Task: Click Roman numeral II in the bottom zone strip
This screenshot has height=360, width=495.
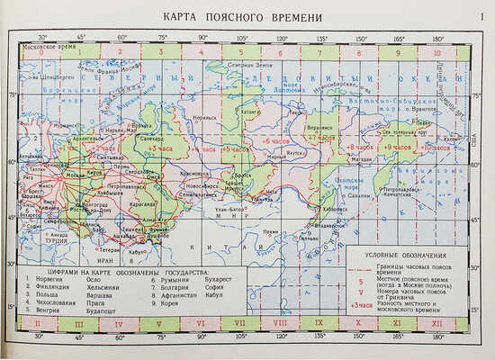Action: click(38, 321)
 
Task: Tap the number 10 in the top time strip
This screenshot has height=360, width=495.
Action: click(436, 52)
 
